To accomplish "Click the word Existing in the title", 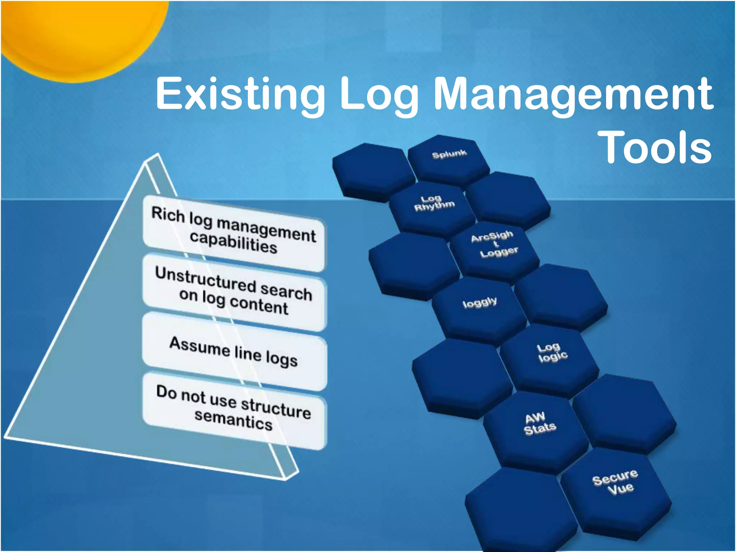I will pyautogui.click(x=240, y=94).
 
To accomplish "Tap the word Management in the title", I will pyautogui.click(x=574, y=94).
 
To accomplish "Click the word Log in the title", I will pyautogui.click(x=379, y=94).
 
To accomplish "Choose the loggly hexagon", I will pyautogui.click(x=480, y=307).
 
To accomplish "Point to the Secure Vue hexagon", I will pyautogui.click(x=615, y=487).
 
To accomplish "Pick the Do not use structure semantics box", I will pyautogui.click(x=234, y=410).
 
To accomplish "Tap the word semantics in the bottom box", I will pyautogui.click(x=234, y=420).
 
